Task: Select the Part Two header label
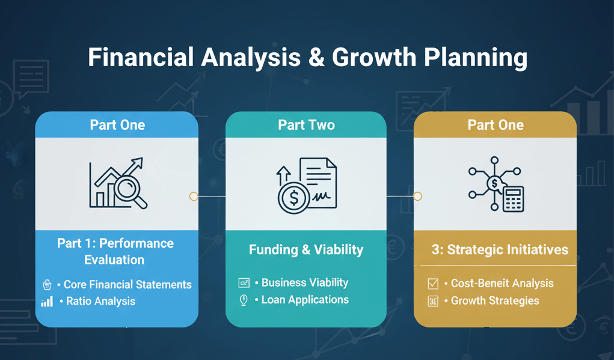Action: pos(306,125)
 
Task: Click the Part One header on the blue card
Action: pos(117,125)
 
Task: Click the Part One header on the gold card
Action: pos(496,125)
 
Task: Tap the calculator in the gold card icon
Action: pos(513,199)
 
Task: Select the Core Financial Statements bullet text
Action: pos(127,285)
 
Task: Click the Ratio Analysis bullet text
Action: pos(100,301)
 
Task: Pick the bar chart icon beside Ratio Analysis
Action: pos(47,301)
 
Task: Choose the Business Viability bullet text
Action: pos(304,282)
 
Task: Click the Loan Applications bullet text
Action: pos(304,299)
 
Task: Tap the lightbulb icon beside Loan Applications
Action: pos(244,300)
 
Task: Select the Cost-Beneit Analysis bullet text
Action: pos(502,283)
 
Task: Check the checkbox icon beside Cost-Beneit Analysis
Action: pos(433,283)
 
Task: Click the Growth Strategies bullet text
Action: pos(494,301)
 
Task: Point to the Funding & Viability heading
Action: pos(306,249)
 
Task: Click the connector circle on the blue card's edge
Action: pos(194,197)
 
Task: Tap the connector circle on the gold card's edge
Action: pos(417,197)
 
